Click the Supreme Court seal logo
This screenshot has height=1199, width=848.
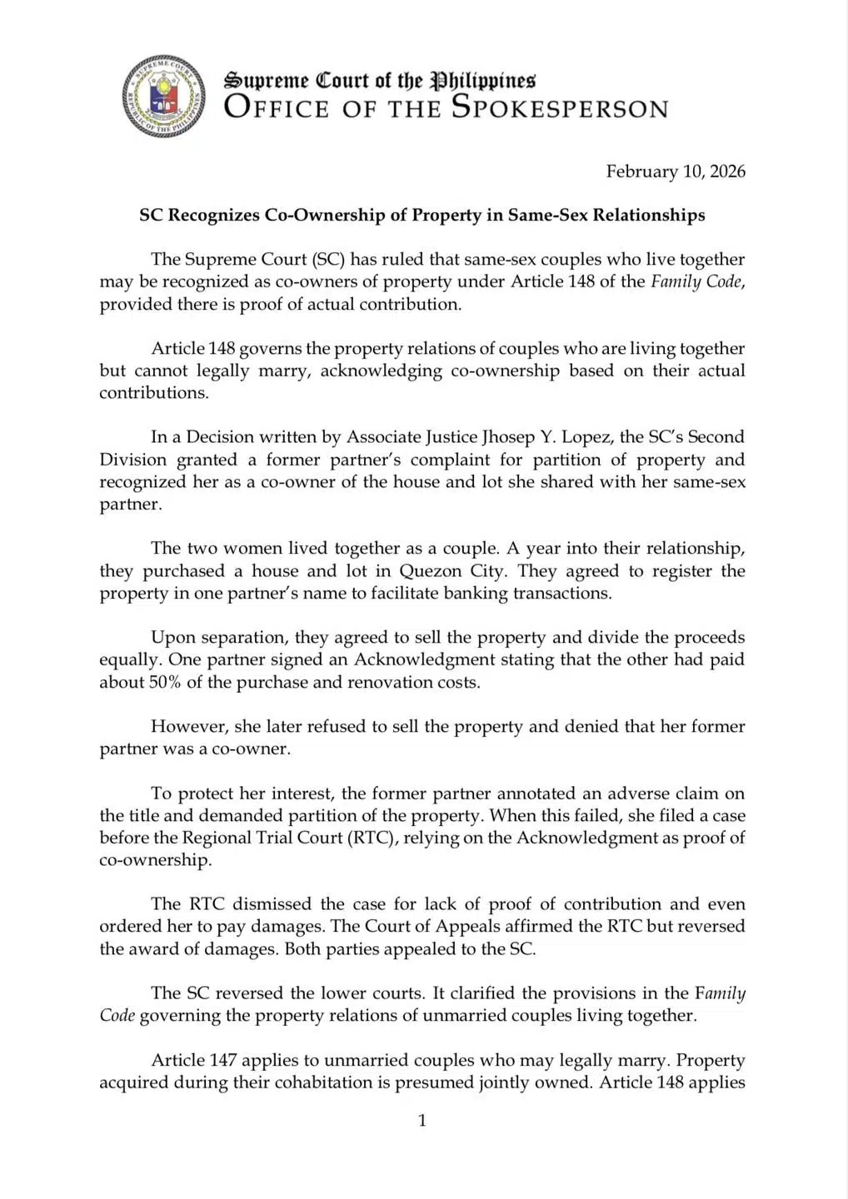[x=163, y=96]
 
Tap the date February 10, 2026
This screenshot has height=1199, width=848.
[x=675, y=172]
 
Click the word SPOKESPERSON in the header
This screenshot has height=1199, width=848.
[x=560, y=108]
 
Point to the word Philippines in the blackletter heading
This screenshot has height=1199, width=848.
[x=481, y=80]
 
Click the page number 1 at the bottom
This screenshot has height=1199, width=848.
[x=422, y=1121]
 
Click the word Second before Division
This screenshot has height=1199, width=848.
[x=715, y=437]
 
